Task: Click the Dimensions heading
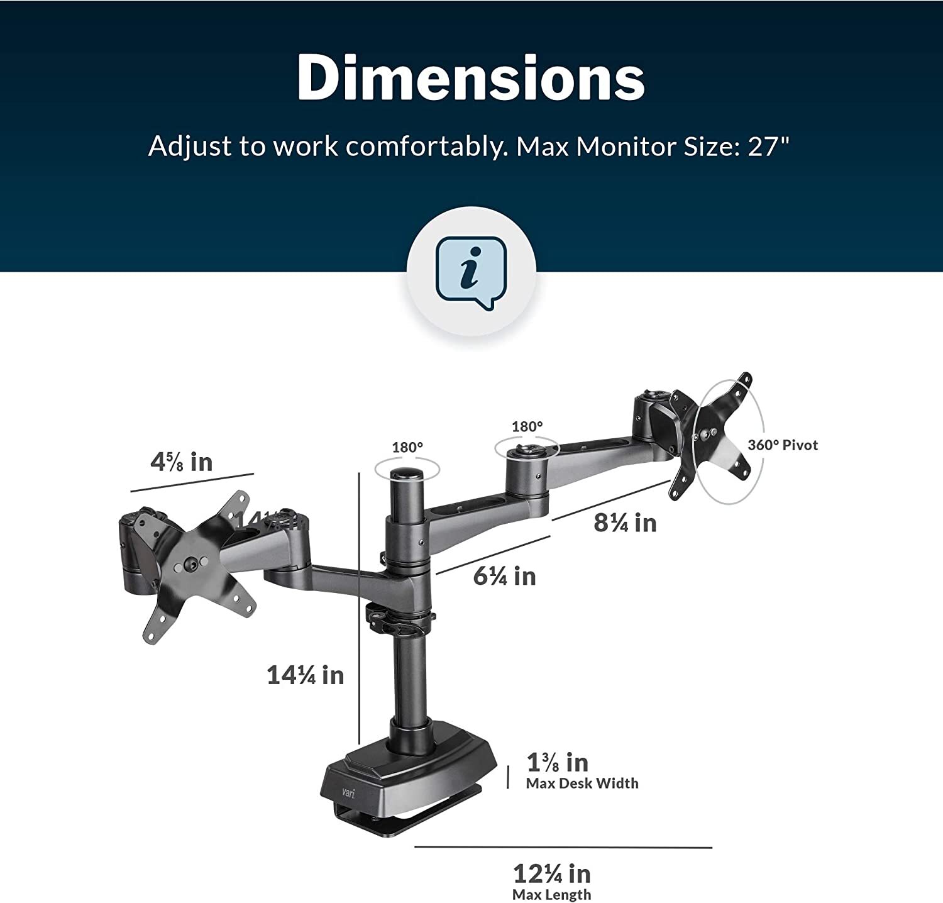471,77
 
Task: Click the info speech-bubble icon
471,272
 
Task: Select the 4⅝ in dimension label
181,462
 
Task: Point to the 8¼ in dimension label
625,523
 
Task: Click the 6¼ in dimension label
504,576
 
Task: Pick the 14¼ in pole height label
306,675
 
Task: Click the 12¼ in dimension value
552,873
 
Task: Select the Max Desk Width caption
582,784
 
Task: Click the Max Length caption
551,895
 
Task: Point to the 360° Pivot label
783,445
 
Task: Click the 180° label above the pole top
407,448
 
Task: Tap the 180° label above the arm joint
527,427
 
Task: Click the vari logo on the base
348,793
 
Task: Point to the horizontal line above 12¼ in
563,847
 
